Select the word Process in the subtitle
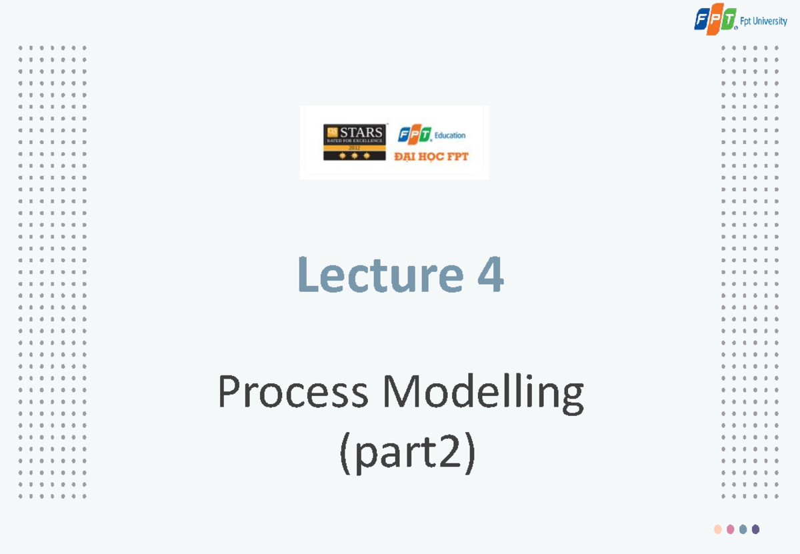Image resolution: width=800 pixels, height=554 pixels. click(x=293, y=393)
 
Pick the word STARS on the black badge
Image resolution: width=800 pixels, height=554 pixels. click(x=361, y=131)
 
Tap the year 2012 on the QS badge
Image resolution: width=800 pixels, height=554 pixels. click(x=353, y=147)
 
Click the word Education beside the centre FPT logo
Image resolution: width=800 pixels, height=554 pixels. click(x=450, y=135)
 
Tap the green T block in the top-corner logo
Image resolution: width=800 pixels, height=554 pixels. click(x=727, y=20)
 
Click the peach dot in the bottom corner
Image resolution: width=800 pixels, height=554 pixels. click(x=718, y=529)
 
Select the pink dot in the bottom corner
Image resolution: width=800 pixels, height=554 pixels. click(x=731, y=529)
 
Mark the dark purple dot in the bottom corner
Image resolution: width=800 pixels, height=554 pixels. click(x=755, y=529)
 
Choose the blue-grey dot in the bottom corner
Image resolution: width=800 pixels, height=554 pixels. click(x=743, y=529)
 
